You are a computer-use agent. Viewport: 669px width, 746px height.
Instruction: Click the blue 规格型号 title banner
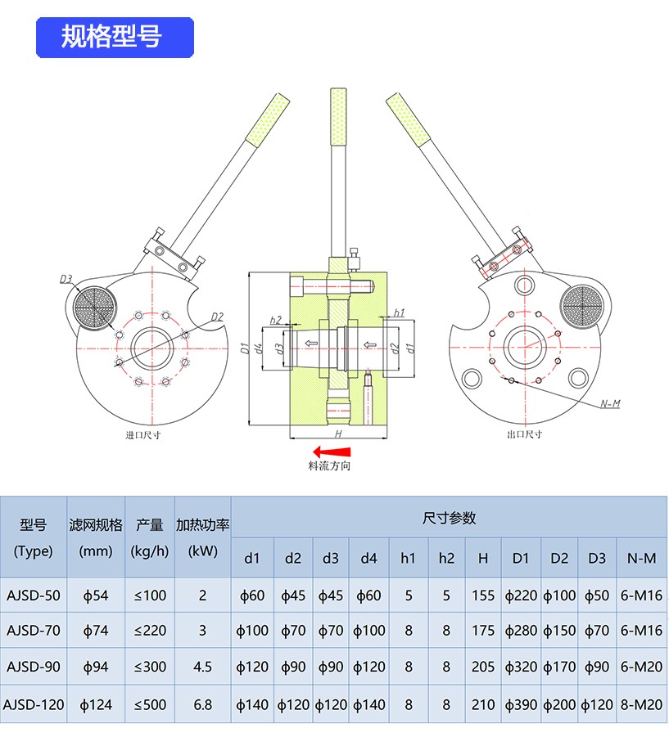pos(114,37)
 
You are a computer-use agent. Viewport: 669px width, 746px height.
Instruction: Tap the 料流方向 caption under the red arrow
pos(329,465)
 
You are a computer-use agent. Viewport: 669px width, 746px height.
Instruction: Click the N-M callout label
pos(610,404)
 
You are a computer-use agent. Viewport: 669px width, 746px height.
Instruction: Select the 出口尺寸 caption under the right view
pos(525,434)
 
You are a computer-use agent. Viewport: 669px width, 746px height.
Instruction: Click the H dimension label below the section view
pos(338,431)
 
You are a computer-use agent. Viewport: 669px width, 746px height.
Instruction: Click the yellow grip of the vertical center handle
pos(337,115)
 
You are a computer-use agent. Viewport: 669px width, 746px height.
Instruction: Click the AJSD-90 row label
pos(34,667)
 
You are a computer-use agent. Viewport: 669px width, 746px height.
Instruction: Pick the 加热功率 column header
pos(202,525)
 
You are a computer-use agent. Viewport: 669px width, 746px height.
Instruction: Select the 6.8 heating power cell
pos(202,703)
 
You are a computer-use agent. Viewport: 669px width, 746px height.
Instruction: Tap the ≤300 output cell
pos(150,667)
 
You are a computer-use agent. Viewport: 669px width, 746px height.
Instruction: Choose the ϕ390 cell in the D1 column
pos(521,703)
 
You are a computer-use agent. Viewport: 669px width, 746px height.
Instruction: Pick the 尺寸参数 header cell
pos(449,518)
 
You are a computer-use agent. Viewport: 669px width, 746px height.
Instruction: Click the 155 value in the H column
pos(483,595)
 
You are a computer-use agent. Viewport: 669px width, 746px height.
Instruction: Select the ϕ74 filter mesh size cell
pos(96,631)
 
